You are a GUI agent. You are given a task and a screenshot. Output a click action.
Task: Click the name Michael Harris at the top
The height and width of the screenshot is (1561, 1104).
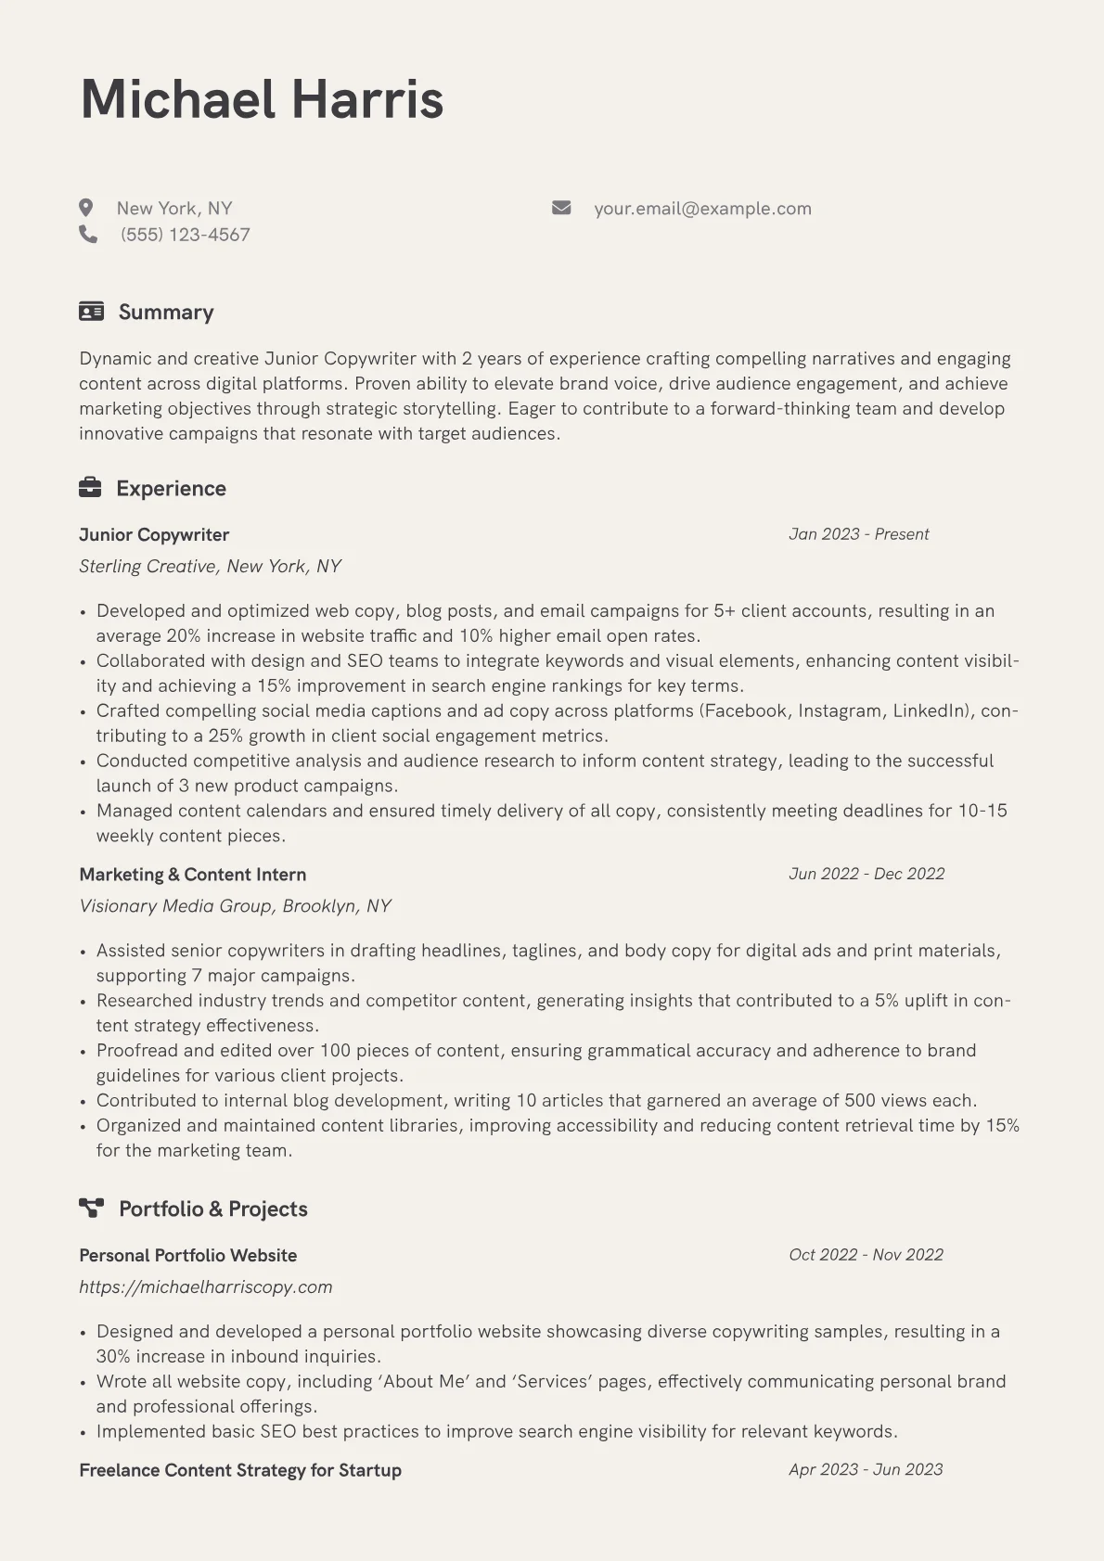(x=262, y=99)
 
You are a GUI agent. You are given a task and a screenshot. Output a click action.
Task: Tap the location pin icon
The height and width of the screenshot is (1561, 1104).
(x=86, y=208)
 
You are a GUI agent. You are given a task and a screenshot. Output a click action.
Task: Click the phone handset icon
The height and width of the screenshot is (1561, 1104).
(x=88, y=235)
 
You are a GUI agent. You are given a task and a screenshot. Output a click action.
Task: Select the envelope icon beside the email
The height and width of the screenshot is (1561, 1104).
(x=561, y=208)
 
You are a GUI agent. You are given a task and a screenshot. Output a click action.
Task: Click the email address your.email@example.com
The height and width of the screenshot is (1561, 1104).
(x=702, y=209)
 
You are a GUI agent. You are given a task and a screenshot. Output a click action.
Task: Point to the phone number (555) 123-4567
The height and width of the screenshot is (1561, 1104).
(x=186, y=235)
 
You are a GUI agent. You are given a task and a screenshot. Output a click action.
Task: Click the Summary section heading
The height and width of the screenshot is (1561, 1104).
(x=166, y=313)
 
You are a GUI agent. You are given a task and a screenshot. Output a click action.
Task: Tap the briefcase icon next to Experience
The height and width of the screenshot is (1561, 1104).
(x=90, y=488)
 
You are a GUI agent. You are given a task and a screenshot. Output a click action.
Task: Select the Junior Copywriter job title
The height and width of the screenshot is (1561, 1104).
(x=154, y=535)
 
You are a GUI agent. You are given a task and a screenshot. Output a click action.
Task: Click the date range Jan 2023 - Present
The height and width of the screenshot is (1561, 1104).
(x=858, y=534)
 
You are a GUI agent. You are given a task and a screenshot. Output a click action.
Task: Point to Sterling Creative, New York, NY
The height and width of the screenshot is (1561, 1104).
(x=211, y=567)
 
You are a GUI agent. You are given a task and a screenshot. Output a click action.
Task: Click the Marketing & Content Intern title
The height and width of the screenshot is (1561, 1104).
(x=193, y=875)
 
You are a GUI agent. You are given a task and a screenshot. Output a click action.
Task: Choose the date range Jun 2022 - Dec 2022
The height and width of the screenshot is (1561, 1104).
(x=867, y=874)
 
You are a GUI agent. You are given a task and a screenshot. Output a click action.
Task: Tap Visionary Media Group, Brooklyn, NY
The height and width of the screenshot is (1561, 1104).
(x=236, y=906)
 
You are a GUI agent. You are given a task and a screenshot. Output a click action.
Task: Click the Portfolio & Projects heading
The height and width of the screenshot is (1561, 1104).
(x=212, y=1209)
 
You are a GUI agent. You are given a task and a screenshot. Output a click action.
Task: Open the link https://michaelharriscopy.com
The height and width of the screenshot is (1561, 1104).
(x=206, y=1287)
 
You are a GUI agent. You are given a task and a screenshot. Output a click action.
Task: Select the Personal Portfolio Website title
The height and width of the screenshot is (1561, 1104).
(x=188, y=1256)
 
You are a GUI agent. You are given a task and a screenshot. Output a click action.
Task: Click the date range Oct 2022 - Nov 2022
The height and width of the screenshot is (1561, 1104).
(x=866, y=1255)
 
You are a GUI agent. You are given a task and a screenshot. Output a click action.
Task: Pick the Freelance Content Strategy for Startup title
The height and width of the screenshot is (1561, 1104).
(x=240, y=1470)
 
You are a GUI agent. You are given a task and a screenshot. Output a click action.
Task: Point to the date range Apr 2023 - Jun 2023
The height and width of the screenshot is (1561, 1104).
(x=866, y=1469)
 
